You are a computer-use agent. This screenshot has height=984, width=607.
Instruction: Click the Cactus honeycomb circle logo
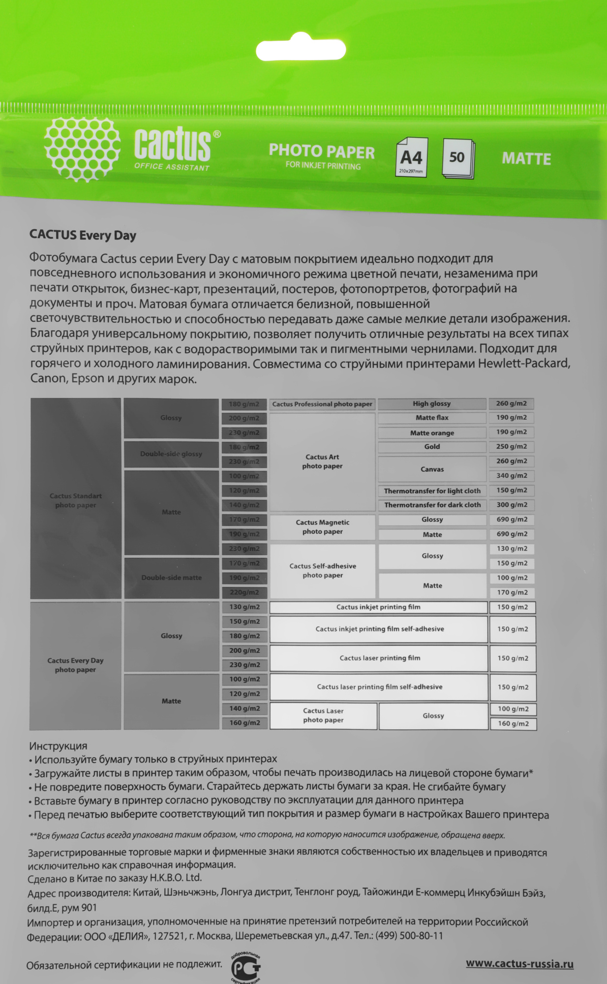82,150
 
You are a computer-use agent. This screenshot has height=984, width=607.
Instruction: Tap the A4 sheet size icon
411,157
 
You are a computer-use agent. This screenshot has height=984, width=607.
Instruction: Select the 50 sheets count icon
457,158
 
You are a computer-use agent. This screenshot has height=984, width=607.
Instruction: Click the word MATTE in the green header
526,159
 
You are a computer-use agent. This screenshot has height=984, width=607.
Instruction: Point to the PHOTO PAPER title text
322,152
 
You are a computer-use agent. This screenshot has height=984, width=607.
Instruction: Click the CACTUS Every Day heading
83,235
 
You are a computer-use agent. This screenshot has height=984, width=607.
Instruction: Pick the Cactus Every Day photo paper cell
75,665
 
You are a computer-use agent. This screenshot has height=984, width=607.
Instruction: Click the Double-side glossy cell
171,454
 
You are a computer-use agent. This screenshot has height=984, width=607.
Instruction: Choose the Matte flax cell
432,418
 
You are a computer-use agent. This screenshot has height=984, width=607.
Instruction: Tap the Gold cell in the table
432,447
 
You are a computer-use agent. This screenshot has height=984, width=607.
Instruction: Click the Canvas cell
432,469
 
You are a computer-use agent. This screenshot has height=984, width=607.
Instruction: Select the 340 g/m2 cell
512,475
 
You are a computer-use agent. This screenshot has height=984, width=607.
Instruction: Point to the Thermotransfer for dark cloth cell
432,505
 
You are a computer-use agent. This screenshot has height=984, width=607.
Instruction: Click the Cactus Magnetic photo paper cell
323,527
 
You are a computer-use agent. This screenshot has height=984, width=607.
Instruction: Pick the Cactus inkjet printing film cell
378,607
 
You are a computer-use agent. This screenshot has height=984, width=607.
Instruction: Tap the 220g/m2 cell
244,592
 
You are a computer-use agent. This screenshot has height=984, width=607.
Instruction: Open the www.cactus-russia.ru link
519,963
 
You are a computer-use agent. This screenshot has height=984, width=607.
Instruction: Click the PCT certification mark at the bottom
245,967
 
